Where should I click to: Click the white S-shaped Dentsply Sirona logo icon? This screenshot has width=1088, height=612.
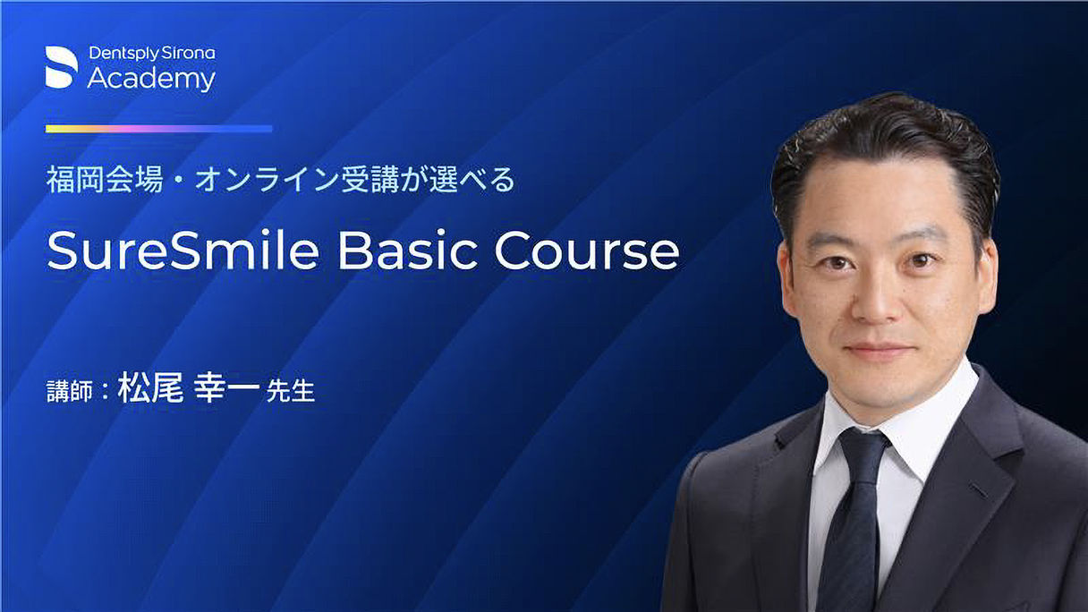pyautogui.click(x=61, y=67)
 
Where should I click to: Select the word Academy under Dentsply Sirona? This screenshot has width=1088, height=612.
pyautogui.click(x=151, y=79)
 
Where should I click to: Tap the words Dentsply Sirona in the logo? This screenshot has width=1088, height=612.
pyautogui.click(x=152, y=54)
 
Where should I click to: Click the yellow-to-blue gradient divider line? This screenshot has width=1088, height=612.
pyautogui.click(x=159, y=129)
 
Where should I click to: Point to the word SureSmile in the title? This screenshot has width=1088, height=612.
pyautogui.click(x=183, y=251)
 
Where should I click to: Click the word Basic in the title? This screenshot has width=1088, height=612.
pyautogui.click(x=407, y=251)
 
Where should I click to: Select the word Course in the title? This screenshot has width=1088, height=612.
pyautogui.click(x=587, y=251)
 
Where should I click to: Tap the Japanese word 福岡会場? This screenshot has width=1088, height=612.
pyautogui.click(x=105, y=180)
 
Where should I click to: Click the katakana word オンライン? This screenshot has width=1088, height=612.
pyautogui.click(x=267, y=180)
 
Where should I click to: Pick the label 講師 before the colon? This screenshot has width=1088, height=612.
pyautogui.click(x=70, y=392)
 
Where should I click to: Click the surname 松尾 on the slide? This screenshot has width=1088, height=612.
pyautogui.click(x=150, y=387)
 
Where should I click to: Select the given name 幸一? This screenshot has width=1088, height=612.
pyautogui.click(x=227, y=387)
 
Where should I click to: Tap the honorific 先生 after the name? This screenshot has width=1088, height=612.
pyautogui.click(x=291, y=391)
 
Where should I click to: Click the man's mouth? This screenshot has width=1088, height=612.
pyautogui.click(x=880, y=350)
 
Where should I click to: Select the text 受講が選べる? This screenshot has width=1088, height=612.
pyautogui.click(x=428, y=180)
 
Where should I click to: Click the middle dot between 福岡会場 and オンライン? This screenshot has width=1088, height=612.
pyautogui.click(x=179, y=180)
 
